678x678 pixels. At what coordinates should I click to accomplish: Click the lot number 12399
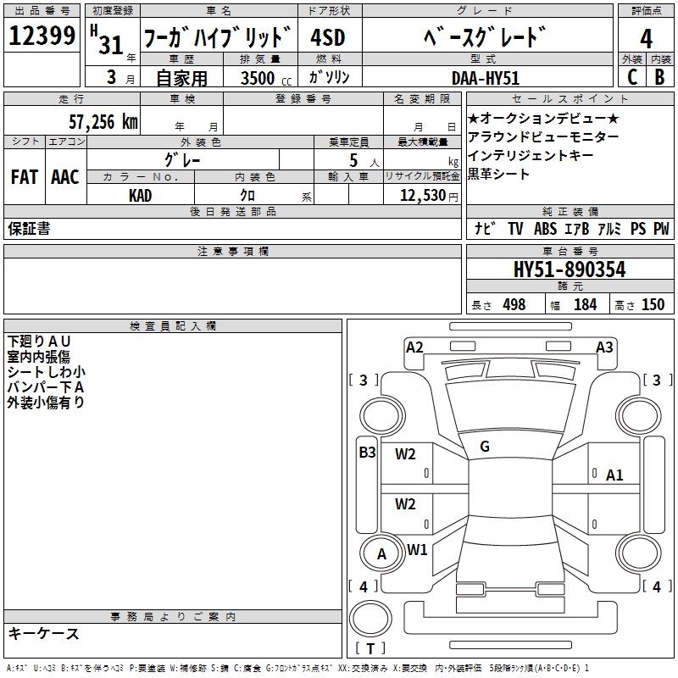(42, 36)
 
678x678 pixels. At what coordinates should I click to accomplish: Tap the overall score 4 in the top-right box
(646, 38)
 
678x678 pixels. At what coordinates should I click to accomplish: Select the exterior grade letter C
(632, 77)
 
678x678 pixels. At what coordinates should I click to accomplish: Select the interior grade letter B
(659, 77)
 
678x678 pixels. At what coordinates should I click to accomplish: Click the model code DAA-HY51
(485, 78)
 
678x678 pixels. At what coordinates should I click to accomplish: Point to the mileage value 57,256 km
(103, 122)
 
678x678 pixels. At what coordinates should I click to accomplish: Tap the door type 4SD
(328, 37)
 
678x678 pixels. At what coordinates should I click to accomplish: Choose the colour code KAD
(140, 196)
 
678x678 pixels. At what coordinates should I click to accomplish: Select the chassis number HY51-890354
(570, 270)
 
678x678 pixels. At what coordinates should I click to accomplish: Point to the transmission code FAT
(25, 177)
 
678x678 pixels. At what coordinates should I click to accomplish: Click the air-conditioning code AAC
(65, 177)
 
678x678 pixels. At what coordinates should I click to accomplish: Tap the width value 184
(585, 304)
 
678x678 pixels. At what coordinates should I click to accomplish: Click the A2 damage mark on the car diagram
(414, 347)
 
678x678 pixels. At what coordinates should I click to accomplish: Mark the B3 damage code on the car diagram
(367, 453)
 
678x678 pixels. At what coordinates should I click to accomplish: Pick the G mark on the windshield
(485, 447)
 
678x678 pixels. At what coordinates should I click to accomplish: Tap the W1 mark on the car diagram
(417, 549)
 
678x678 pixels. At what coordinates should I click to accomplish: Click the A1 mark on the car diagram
(614, 475)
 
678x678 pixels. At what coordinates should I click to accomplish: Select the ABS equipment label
(545, 229)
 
